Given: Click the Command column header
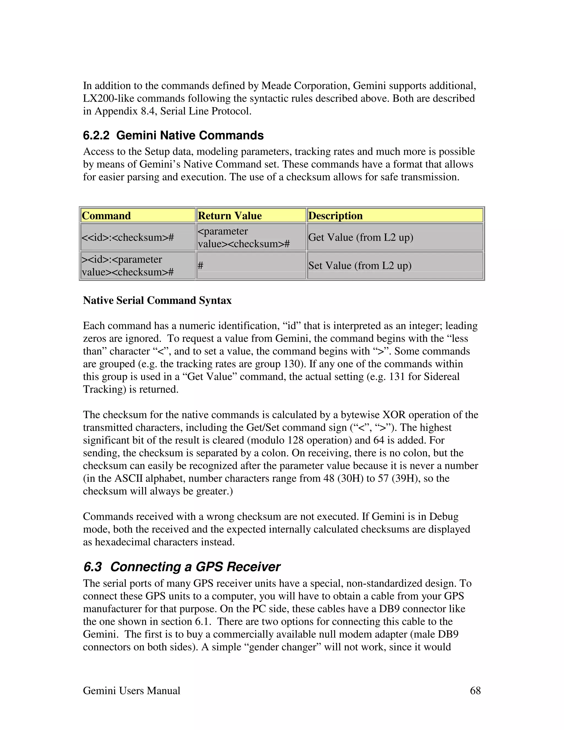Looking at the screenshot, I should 106,216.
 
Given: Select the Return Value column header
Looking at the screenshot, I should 230,216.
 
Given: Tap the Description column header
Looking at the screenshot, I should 335,216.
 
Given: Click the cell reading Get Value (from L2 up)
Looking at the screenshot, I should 361,237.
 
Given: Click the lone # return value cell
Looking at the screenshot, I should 200,265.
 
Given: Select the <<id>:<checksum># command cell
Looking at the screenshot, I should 128,237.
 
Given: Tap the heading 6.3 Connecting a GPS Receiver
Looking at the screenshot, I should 182,567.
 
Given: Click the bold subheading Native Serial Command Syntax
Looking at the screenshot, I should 157,300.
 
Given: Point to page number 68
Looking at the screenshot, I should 475,690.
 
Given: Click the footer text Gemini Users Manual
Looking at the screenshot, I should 131,690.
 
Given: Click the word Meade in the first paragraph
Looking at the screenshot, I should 276,86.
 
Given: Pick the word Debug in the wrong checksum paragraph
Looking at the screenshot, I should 444,517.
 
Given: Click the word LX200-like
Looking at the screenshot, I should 109,99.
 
